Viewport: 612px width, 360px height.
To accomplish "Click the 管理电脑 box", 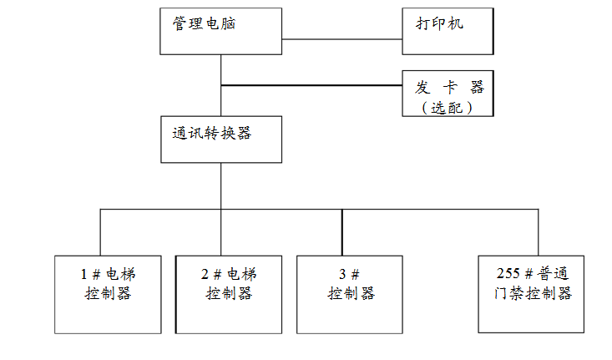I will coord(220,32).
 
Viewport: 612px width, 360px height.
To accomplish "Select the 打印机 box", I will coord(448,31).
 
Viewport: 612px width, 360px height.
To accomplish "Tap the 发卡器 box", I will coord(448,93).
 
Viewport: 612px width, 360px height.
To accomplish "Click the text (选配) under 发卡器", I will coord(448,108).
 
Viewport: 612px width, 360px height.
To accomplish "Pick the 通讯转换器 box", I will coord(220,139).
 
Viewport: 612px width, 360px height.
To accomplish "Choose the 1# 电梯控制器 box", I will coord(108,294).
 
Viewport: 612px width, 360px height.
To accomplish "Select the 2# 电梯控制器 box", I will coord(228,294).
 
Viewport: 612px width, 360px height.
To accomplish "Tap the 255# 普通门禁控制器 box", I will coord(531,294).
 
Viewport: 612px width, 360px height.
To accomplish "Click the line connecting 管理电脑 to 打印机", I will coord(342,39).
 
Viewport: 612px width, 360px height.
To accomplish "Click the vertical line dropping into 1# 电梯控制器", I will coord(101,232).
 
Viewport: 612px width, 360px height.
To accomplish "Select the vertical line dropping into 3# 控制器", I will coord(342,232).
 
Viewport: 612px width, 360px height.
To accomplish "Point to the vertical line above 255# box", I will coord(529,232).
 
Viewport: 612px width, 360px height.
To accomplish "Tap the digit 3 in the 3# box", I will coord(342,274).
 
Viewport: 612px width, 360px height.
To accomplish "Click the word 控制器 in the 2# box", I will coord(229,294).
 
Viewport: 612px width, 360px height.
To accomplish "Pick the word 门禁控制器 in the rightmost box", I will coord(531,294).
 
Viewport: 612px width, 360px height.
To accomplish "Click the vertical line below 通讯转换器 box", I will coord(221,185).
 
